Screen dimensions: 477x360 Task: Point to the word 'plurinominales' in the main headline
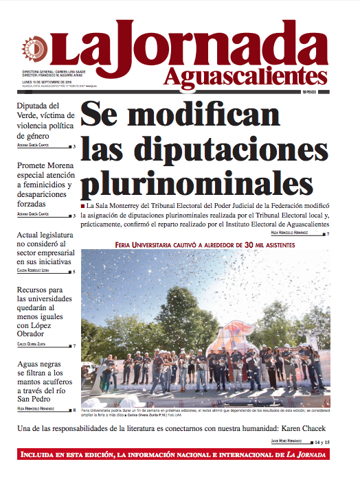pos(192,182)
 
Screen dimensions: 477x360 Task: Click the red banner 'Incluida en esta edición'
pos(172,454)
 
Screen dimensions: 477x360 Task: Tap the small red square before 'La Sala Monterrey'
pos(83,206)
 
